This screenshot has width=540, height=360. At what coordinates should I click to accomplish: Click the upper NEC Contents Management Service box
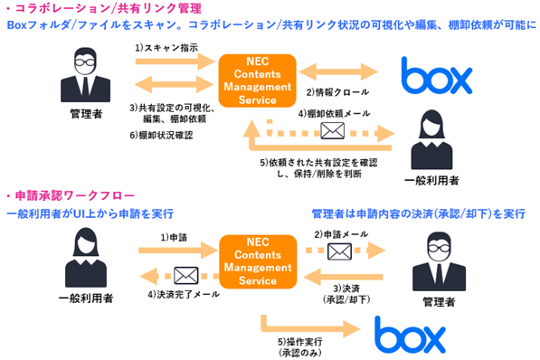point(257,81)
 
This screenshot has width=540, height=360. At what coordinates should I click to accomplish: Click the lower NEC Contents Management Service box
point(258,261)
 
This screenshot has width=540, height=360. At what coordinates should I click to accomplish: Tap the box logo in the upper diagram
point(436,75)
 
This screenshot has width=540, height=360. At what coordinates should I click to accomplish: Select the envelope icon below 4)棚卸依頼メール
point(332,130)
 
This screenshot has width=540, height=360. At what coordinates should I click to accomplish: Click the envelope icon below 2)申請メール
point(339,251)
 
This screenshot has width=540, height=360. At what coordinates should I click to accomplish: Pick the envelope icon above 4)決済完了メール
point(186,276)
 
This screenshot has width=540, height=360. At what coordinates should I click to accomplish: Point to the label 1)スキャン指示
point(166,48)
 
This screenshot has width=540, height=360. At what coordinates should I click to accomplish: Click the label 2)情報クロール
point(338,92)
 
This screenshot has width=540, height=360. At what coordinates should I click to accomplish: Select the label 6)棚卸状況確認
point(161,135)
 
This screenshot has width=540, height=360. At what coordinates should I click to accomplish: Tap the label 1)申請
point(174,237)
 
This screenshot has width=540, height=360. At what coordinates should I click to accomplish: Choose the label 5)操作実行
point(299,341)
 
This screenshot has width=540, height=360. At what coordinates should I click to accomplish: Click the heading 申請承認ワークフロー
point(74,195)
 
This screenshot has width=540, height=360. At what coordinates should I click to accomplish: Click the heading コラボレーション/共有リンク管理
point(109,9)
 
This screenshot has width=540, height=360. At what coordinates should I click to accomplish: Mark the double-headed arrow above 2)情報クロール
point(338,72)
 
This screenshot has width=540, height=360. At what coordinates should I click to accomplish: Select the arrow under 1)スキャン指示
point(175,62)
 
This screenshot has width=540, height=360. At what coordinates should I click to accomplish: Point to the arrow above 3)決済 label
point(344,277)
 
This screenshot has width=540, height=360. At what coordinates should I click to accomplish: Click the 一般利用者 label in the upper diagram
point(431,180)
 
